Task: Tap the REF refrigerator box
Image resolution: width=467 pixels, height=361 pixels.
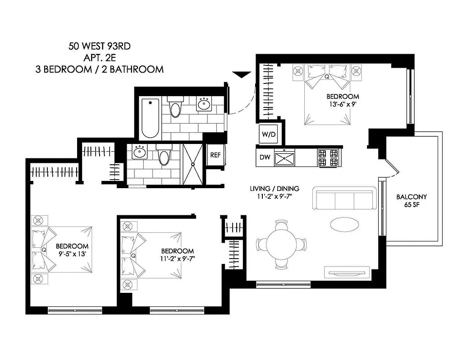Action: (x=215, y=155)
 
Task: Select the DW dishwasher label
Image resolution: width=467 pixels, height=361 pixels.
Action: (x=265, y=157)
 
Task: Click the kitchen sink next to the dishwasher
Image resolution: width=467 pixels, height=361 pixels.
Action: (x=285, y=158)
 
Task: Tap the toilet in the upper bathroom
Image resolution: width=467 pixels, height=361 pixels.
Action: (x=174, y=107)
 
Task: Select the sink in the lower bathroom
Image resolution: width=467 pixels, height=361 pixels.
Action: (x=139, y=153)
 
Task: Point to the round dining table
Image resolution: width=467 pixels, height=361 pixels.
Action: (x=282, y=245)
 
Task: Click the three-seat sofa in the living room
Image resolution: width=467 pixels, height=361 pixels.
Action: (x=345, y=199)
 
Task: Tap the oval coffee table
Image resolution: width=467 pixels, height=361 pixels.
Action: (x=345, y=224)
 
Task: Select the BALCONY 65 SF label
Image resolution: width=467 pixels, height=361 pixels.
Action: (x=411, y=201)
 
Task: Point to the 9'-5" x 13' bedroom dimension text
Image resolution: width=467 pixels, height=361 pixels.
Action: (x=72, y=254)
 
